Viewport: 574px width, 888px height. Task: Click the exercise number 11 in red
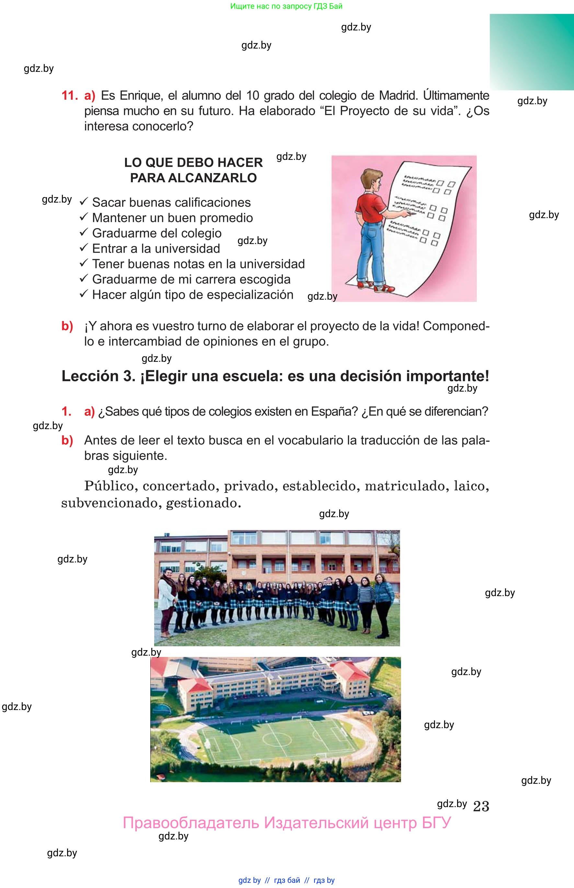pos(69,96)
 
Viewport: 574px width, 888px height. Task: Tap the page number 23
pos(481,806)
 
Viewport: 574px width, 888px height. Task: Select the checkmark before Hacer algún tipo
pos(84,294)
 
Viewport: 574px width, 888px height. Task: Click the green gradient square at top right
pos(532,52)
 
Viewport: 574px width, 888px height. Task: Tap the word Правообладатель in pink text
pos(190,823)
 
